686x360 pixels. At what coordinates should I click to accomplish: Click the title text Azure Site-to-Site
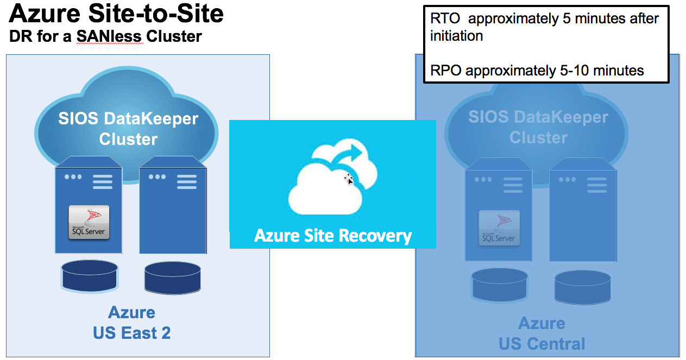(x=116, y=14)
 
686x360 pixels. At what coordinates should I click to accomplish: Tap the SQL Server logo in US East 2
(x=89, y=222)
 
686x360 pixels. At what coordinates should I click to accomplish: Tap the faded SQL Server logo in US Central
(x=499, y=228)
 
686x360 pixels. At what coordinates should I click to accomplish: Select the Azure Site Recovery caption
(x=332, y=236)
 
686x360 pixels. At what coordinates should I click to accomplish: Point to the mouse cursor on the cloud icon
(x=349, y=179)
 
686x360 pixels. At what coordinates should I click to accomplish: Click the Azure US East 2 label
(x=131, y=323)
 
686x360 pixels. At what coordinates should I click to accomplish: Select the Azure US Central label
(x=542, y=333)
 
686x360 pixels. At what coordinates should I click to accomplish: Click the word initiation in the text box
(x=456, y=36)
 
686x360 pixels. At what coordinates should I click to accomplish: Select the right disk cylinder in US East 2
(x=172, y=277)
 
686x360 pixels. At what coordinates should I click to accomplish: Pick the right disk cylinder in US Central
(x=582, y=286)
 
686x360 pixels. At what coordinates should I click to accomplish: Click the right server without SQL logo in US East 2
(x=173, y=210)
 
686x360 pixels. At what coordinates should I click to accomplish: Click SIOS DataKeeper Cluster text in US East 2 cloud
(x=128, y=129)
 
